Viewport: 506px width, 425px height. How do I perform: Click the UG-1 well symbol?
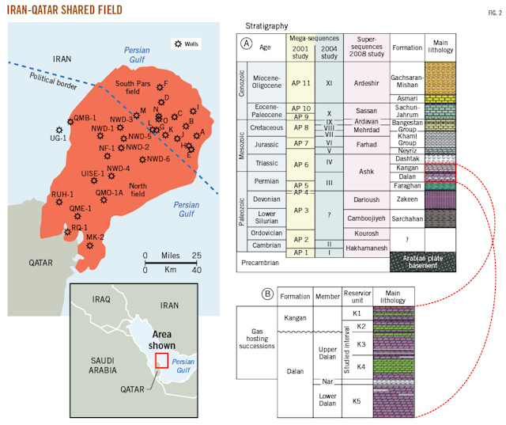[59, 129]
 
